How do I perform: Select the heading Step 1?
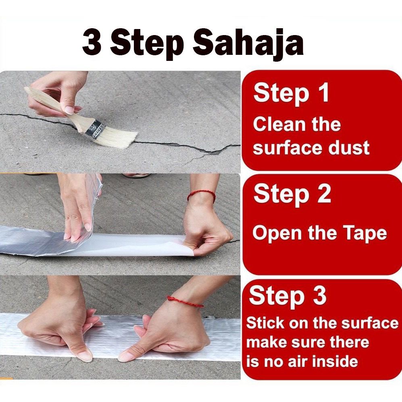point(291,93)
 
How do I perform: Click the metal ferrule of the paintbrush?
point(94,129)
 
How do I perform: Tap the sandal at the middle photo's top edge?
point(136,176)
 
